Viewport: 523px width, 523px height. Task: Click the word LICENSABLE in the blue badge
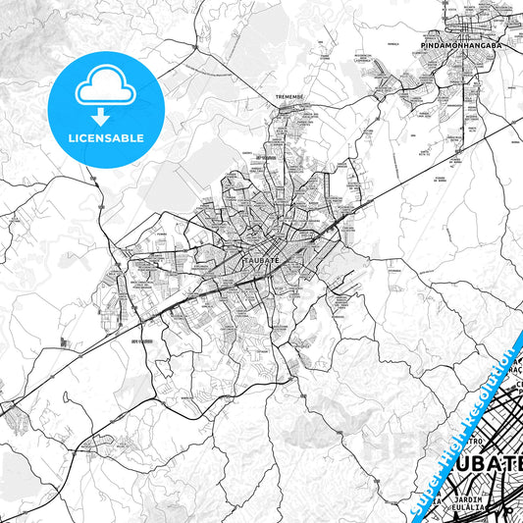pos(105,138)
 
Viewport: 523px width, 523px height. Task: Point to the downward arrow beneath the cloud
pos(105,110)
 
